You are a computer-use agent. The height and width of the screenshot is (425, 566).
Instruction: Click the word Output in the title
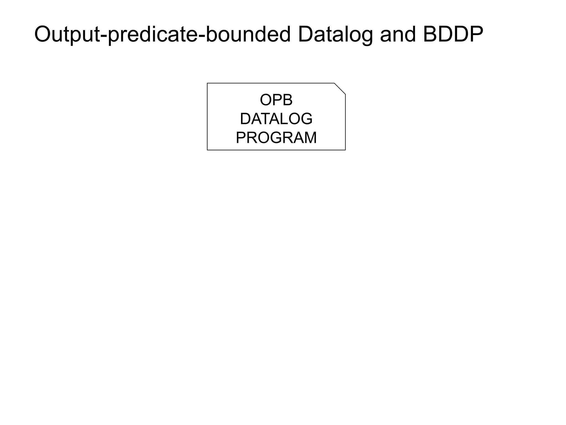click(67, 34)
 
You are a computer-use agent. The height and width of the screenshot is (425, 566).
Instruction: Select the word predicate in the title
click(153, 34)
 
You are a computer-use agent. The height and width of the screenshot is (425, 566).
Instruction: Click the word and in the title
click(398, 34)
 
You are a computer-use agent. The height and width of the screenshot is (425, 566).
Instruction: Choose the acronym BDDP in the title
click(453, 34)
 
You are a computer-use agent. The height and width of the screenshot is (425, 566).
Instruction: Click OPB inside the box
click(276, 100)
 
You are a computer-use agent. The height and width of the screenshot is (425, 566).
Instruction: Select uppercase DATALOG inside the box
click(276, 119)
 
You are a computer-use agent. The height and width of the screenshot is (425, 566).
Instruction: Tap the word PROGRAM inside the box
click(276, 138)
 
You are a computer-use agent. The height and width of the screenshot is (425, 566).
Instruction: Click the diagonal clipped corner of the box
click(340, 89)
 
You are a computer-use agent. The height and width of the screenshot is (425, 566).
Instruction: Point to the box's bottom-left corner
click(207, 150)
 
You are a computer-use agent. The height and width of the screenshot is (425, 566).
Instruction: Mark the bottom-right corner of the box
click(345, 150)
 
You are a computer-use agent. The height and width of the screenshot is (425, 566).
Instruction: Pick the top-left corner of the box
click(207, 83)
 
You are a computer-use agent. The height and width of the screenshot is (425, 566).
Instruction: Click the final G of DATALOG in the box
click(306, 119)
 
